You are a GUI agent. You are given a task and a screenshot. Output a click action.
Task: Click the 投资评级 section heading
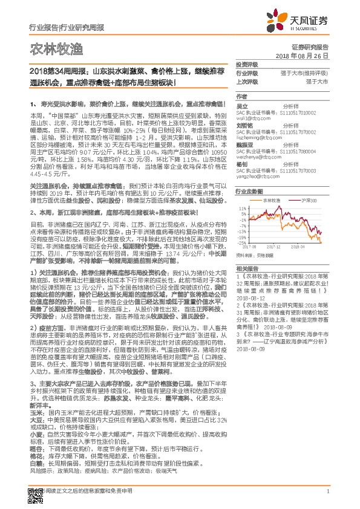[246, 63]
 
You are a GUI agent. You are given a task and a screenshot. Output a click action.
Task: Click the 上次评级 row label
[246, 80]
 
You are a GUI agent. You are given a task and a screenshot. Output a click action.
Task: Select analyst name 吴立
[241, 106]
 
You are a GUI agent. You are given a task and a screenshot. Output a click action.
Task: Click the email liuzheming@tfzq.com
[258, 138]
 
